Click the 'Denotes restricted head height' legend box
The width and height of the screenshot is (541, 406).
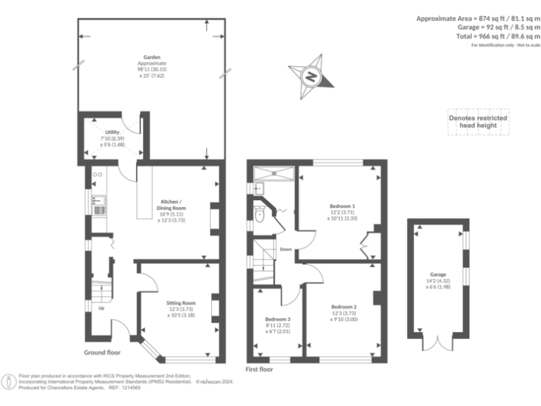[478, 121]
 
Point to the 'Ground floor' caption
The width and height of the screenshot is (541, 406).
[104, 352]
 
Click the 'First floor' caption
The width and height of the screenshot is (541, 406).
[260, 369]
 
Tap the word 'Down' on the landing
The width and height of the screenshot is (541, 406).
[285, 249]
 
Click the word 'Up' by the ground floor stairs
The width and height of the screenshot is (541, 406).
[101, 308]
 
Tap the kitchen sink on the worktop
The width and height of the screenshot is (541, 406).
[97, 207]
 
